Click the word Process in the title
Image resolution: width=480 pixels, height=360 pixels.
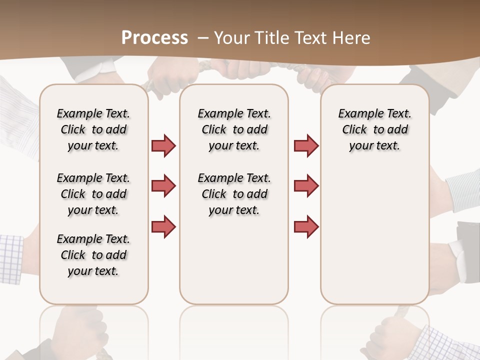coord(154,37)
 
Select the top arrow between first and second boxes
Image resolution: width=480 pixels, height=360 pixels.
coord(163,145)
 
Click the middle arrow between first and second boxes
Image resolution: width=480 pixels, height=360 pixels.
coord(163,186)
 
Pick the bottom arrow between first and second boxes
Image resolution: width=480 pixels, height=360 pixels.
coord(163,226)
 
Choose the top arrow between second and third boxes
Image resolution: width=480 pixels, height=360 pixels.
coord(306,145)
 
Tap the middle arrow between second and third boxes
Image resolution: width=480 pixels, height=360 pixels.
coord(306,186)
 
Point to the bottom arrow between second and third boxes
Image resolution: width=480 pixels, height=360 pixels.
coord(306,226)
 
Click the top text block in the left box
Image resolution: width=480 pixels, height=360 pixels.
coord(93,129)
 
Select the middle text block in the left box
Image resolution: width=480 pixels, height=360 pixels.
coord(93,194)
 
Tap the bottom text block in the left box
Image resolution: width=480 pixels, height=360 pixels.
coord(93,255)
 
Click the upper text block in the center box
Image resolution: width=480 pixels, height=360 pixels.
coord(234,129)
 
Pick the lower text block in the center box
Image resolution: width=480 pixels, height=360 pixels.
coord(234,194)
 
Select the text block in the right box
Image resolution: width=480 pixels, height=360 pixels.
coord(375,129)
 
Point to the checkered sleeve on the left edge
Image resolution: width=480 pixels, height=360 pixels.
coord(11,257)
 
